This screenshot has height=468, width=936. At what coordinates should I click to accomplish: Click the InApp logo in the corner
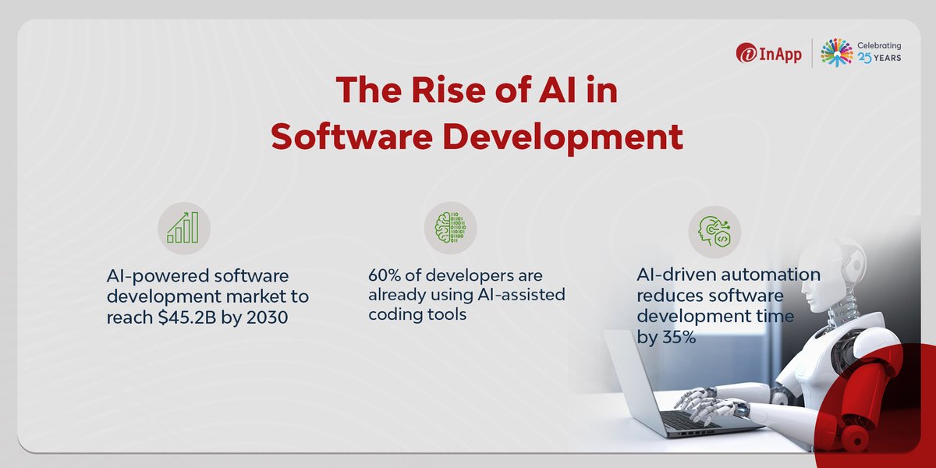[x=768, y=54]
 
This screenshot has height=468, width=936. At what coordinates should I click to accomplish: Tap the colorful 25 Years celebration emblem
[x=836, y=54]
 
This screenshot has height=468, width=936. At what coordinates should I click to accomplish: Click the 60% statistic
[x=385, y=276]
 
